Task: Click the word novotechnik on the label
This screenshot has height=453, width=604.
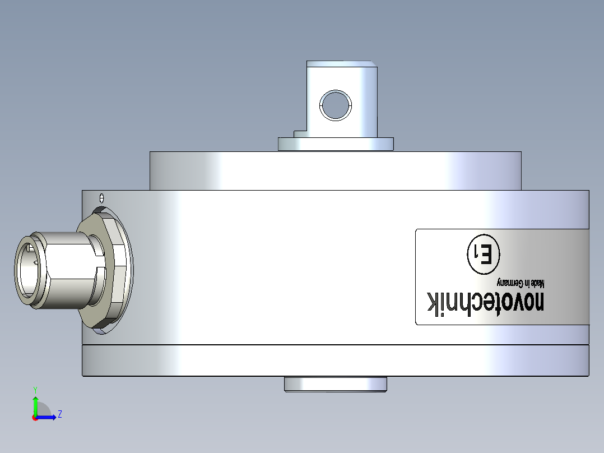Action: tap(485, 302)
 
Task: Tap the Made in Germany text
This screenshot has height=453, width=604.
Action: tap(521, 282)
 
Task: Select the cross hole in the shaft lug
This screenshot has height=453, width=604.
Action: tap(334, 105)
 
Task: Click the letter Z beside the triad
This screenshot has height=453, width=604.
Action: tap(59, 414)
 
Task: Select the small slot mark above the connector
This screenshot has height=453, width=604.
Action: tap(101, 197)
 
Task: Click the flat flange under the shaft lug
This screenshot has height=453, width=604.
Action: tap(336, 144)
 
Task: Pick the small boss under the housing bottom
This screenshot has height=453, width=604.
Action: tap(336, 384)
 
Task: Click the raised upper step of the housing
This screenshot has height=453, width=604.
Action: tap(335, 171)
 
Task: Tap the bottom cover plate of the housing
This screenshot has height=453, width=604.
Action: tap(335, 360)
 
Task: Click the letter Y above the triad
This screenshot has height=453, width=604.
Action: tap(35, 389)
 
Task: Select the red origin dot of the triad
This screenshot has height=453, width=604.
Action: tap(35, 418)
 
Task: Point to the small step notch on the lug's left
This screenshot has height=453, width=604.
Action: tap(300, 133)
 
